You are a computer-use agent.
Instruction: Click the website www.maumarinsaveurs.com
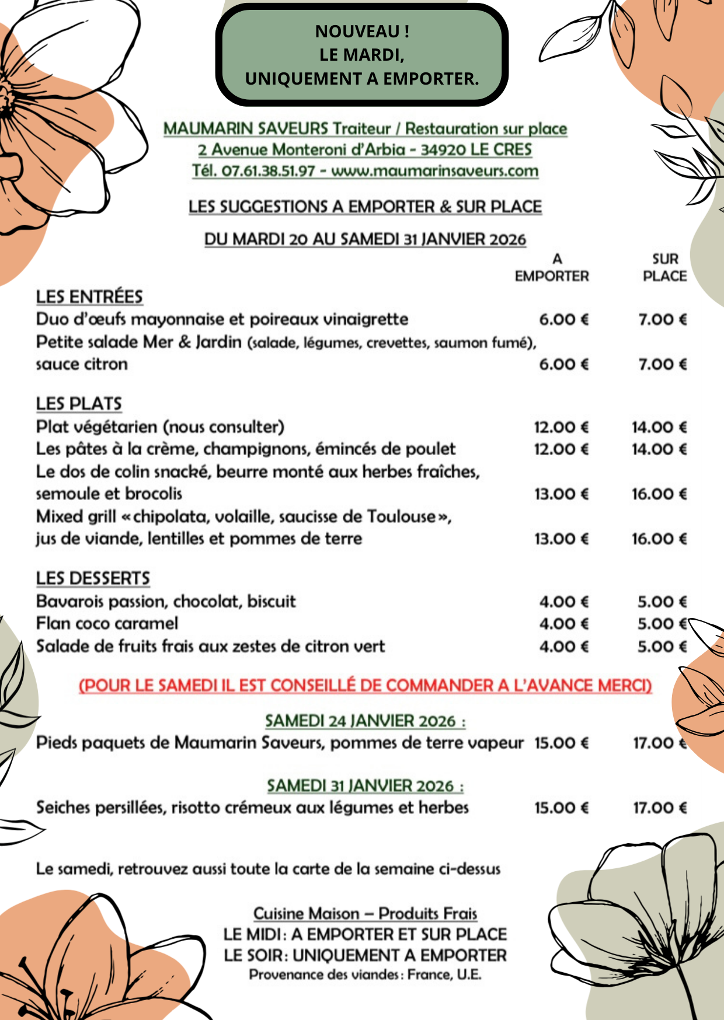point(434,171)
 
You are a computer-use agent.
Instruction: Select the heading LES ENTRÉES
point(89,296)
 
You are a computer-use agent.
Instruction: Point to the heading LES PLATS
point(79,403)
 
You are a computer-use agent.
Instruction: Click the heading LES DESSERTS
point(93,578)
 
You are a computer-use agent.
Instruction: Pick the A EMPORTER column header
point(552,267)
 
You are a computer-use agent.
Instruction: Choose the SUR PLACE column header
point(664,267)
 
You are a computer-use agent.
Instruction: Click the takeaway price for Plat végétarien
point(561,427)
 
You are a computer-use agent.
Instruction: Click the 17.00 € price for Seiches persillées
point(660,808)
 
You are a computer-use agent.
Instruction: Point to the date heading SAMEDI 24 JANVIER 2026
point(365,721)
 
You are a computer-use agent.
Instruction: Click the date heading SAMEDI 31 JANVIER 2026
point(365,786)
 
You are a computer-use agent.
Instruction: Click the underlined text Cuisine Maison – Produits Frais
point(365,913)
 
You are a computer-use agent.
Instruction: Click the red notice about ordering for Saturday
point(365,685)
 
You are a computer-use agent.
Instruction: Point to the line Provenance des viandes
point(365,974)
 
